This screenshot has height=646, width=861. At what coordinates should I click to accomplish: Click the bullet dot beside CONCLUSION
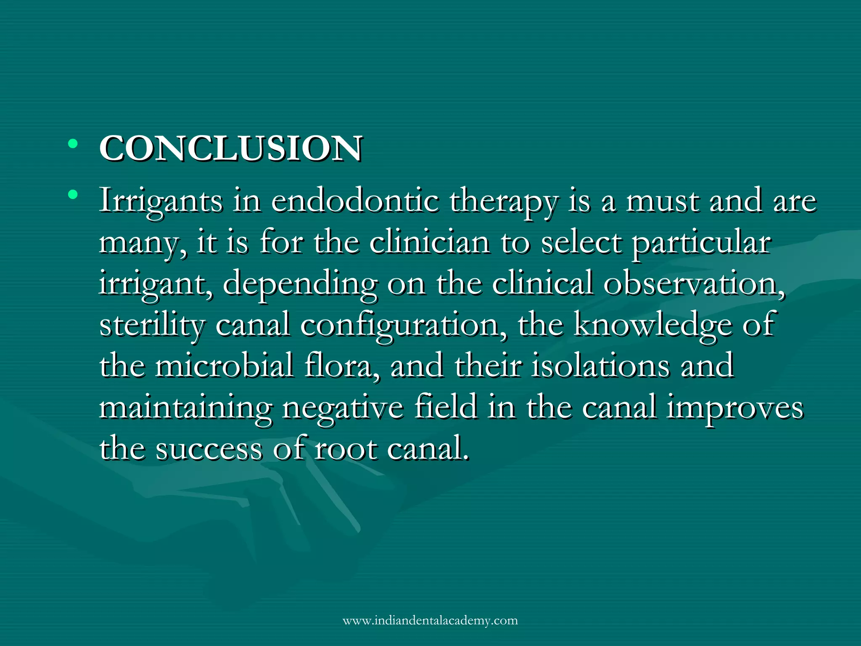point(73,144)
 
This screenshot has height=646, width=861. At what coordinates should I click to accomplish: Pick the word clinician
point(430,243)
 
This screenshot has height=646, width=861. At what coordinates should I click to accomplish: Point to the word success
point(209,449)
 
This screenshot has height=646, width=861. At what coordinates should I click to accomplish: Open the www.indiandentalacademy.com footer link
point(430,621)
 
